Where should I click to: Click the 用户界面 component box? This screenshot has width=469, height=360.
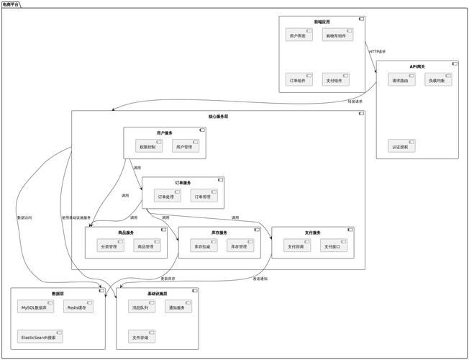(299, 35)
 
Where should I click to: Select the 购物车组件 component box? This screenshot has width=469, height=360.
(337, 35)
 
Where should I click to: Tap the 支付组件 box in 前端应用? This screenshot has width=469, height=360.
(336, 79)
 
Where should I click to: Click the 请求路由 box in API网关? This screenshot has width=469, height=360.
(401, 80)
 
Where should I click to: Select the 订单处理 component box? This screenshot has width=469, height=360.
(168, 196)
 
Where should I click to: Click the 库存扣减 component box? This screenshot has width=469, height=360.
(203, 246)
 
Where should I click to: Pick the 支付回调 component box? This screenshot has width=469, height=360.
(296, 246)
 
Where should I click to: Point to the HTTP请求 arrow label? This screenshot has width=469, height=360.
(378, 52)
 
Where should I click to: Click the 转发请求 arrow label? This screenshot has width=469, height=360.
(355, 102)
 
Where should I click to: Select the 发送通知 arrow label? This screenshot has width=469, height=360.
(261, 279)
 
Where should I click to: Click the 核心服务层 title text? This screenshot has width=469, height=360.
(218, 116)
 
